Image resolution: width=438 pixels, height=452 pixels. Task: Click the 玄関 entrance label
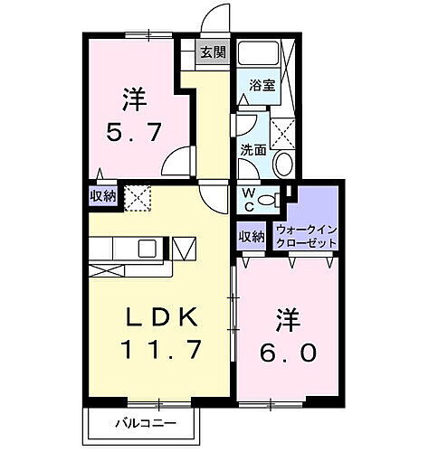(x=214, y=52)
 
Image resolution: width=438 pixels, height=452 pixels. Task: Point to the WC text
(x=247, y=197)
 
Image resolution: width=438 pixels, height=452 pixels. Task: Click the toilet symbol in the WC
(x=267, y=200)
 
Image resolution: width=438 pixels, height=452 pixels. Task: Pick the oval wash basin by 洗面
(x=282, y=164)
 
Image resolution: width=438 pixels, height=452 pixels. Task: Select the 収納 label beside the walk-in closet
(x=252, y=236)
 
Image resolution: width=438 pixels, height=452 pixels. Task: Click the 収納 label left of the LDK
(x=102, y=195)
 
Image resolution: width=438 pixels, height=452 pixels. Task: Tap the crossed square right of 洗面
(x=283, y=133)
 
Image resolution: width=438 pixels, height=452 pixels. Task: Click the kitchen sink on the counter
(x=148, y=247)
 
